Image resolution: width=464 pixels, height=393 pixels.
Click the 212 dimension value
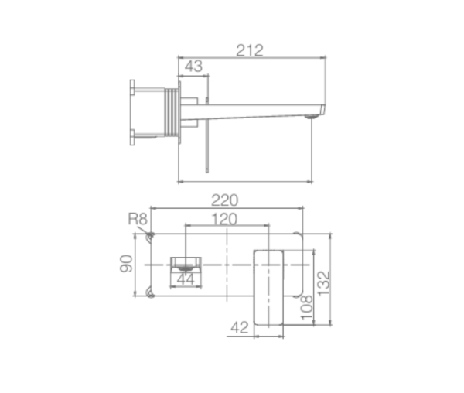coord(250,50)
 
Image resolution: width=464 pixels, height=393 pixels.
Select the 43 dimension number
coord(193,66)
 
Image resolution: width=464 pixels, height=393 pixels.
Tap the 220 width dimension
coord(224,200)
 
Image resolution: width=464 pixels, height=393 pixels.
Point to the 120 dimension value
coord(224,219)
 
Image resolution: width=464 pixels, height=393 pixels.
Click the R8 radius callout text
coord(138,219)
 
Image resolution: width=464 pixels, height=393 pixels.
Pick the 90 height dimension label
coord(126,263)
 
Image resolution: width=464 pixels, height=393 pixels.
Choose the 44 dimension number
coord(186,279)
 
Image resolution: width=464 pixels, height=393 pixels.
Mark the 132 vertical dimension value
coord(323,283)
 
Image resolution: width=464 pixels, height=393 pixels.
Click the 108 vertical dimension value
coord(306,308)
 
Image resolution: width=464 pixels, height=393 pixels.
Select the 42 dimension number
coord(240,327)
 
